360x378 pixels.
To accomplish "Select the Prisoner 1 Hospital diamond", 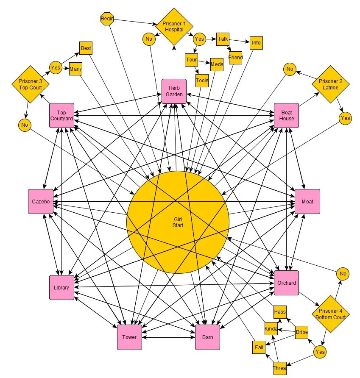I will [x=173, y=27].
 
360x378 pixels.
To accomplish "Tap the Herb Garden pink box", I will [x=174, y=91].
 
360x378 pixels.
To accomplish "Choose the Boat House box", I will [x=287, y=115].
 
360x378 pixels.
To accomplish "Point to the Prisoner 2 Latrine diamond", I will [x=330, y=84].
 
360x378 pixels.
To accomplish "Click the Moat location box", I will [x=307, y=201].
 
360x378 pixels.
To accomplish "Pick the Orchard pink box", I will [x=286, y=283].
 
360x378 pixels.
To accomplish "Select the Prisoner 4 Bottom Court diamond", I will [x=331, y=314].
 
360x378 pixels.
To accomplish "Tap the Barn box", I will [x=207, y=337].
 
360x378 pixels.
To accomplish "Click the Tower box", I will [x=129, y=337].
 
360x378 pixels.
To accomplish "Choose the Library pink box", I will [x=61, y=287].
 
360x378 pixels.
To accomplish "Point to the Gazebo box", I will [x=41, y=201].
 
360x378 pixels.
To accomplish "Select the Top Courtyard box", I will [x=61, y=115].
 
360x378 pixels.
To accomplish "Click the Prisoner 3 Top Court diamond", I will [x=30, y=84].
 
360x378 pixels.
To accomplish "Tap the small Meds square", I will [x=217, y=64].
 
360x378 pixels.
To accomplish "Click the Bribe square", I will [x=302, y=332].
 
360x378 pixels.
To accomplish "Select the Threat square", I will [x=280, y=368].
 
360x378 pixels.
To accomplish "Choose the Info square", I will [x=256, y=43].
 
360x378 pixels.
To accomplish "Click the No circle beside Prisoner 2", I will [x=290, y=69].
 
